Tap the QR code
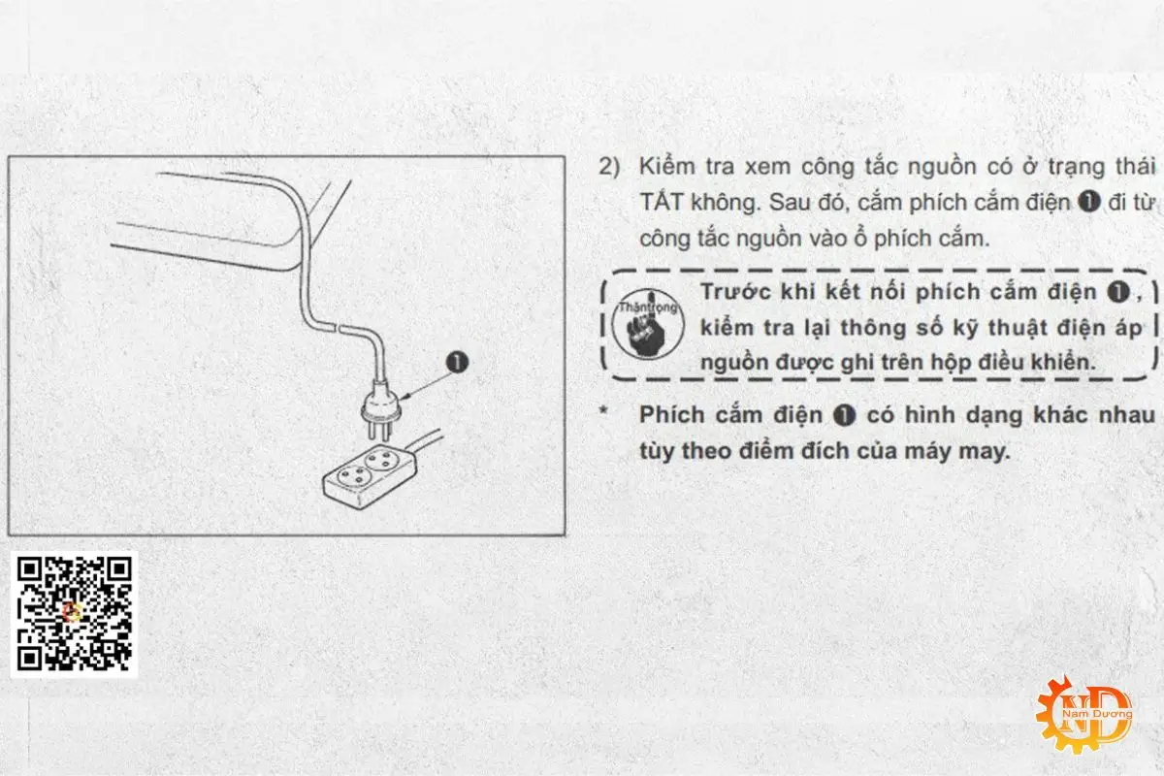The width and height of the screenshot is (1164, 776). pyautogui.click(x=75, y=613)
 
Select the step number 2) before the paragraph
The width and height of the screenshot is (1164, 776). pyautogui.click(x=608, y=166)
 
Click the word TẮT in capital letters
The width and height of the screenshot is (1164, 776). pyautogui.click(x=660, y=203)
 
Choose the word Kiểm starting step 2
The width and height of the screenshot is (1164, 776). pyautogui.click(x=668, y=166)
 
